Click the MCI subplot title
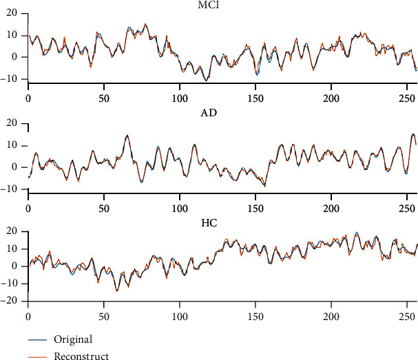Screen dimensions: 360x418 [x=222, y=6]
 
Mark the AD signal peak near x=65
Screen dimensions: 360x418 [x=127, y=136]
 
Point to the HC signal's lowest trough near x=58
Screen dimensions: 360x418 [x=116, y=291]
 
